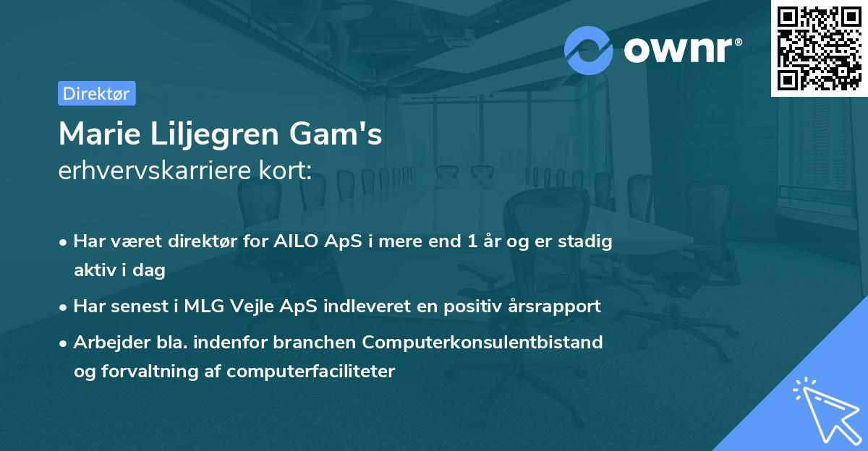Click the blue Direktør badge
point(97,93)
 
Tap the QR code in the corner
point(820,48)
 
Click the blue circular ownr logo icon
point(588,51)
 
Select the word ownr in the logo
point(678,50)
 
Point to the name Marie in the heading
point(100,134)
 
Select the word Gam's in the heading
point(336,134)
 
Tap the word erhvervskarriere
point(155,170)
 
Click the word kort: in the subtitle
point(286,170)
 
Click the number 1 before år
point(472,241)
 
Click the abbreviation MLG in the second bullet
point(204,306)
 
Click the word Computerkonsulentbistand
point(482,343)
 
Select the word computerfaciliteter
point(311,371)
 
